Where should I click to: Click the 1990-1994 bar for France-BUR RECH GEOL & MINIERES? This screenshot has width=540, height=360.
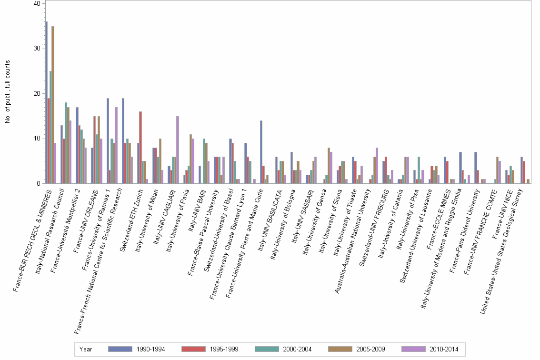pos(46,102)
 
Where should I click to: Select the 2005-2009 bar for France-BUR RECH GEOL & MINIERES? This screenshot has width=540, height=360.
pos(52,105)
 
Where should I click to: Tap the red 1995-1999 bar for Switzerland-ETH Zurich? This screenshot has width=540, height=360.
pos(140,148)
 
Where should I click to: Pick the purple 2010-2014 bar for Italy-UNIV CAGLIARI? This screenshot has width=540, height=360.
pos(178,150)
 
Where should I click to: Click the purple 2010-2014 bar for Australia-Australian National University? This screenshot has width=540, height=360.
pos(377,166)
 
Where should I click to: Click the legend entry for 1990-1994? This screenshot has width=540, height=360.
pos(137,349)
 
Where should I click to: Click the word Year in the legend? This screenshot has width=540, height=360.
pos(86,349)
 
